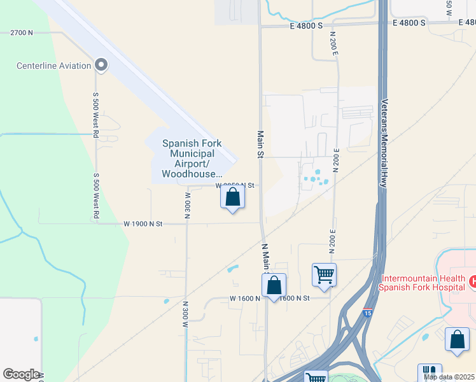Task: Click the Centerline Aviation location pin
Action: tap(101, 65)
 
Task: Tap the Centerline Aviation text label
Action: tap(54, 66)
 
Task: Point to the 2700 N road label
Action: tap(21, 32)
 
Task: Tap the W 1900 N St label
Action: tap(144, 223)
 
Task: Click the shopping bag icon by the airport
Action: tap(233, 197)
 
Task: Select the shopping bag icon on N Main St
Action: tap(274, 286)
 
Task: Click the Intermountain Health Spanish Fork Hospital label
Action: tap(420, 283)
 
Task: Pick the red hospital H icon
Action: tap(473, 281)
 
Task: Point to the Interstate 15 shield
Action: tap(368, 313)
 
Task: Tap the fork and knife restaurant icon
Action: tap(429, 372)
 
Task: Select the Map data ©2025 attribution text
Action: tap(449, 377)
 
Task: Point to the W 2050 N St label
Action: tap(235, 185)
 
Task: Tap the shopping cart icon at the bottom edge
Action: tap(315, 377)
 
